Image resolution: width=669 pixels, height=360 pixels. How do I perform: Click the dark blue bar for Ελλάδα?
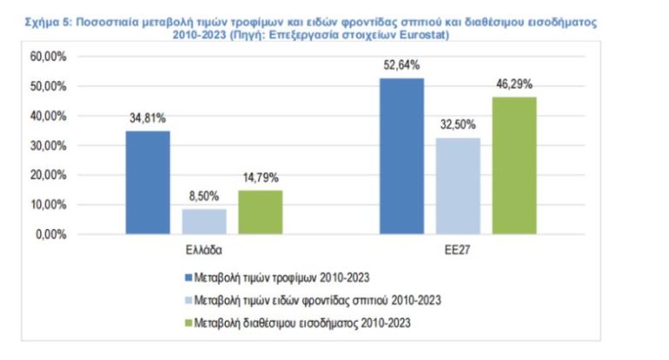[148, 182]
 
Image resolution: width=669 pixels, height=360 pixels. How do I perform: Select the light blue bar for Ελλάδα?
[204, 221]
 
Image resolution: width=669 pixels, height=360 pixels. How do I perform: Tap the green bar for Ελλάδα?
[260, 212]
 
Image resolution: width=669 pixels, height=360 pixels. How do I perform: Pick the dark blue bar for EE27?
[402, 156]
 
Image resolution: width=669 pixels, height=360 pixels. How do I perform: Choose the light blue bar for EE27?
[458, 186]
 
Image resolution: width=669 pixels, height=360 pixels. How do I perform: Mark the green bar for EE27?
[515, 166]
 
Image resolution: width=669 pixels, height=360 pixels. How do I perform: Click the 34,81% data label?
[147, 119]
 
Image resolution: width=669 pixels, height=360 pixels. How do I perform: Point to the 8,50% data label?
[204, 196]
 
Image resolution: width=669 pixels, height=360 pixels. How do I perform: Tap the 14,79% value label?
[260, 178]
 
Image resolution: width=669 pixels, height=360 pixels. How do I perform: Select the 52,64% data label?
[402, 65]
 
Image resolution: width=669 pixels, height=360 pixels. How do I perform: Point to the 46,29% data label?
[515, 85]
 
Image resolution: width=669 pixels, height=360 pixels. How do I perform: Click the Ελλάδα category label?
[204, 249]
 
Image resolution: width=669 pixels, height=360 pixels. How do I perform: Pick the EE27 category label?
[458, 249]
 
